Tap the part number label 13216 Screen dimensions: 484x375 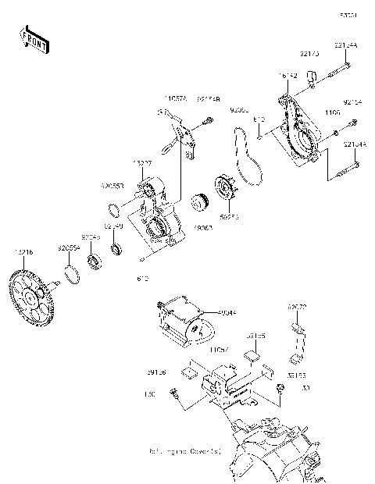(24, 253)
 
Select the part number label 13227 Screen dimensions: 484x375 (142, 162)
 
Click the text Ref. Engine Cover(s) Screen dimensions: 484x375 (185, 452)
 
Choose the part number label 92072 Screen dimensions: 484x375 (295, 308)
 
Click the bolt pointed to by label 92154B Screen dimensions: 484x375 (209, 120)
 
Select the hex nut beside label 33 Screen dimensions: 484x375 (279, 387)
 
